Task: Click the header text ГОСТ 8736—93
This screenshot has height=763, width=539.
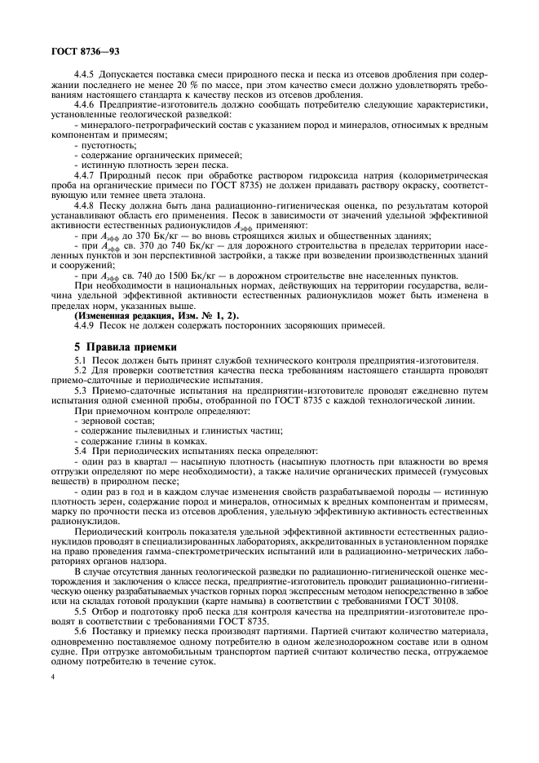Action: pyautogui.click(x=76, y=51)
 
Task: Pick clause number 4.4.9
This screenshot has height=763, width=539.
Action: pyautogui.click(x=87, y=325)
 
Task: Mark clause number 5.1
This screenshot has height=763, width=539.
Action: pyautogui.click(x=81, y=361)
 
